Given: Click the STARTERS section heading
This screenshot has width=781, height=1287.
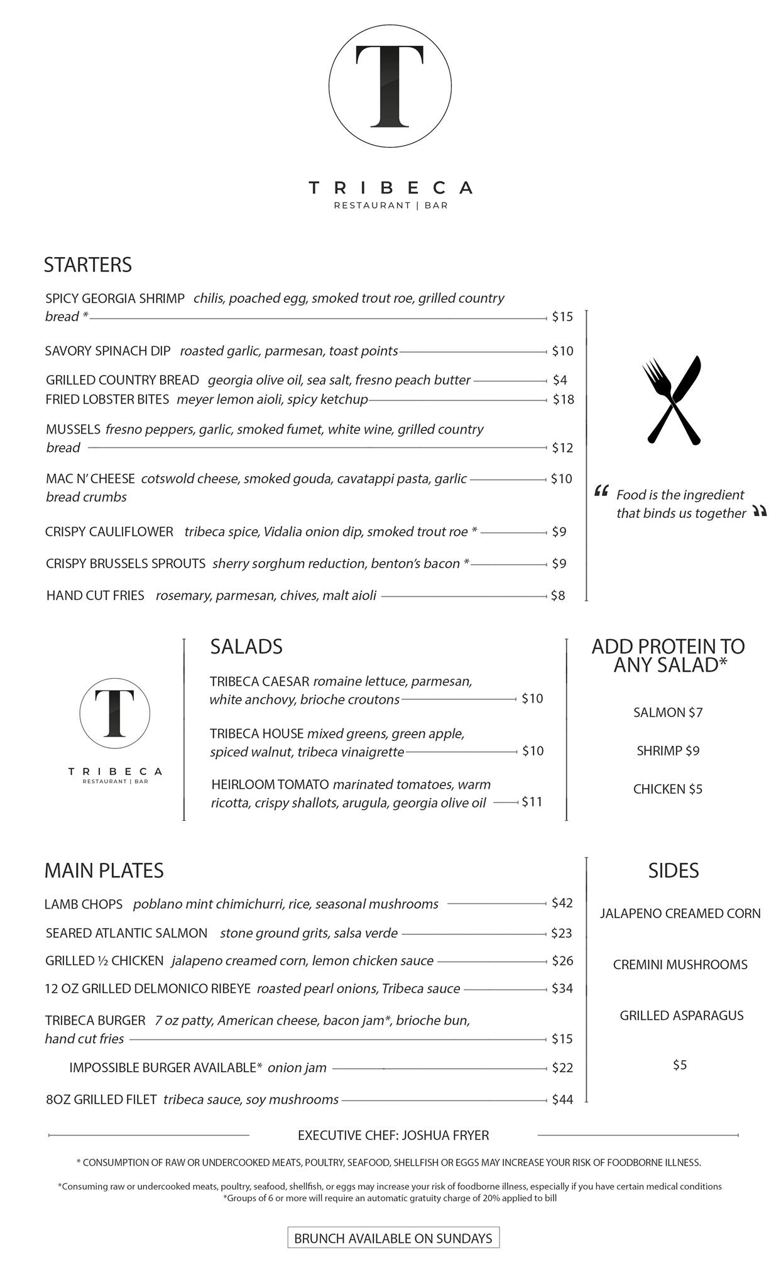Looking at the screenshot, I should [x=88, y=265].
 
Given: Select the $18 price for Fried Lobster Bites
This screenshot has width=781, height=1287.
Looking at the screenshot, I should [x=563, y=400].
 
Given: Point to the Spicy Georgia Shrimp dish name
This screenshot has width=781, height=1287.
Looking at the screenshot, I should [x=115, y=298].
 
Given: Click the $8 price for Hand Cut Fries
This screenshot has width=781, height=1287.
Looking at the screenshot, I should [x=558, y=596].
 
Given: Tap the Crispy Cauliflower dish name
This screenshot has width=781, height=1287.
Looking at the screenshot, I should [x=109, y=532].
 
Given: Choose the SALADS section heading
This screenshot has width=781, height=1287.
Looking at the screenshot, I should [x=246, y=647].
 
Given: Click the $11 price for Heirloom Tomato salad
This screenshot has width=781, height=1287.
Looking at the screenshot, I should [x=532, y=802].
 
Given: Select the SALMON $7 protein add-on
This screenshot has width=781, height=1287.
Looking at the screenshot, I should [x=668, y=713].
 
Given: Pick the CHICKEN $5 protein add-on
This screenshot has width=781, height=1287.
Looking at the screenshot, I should [x=668, y=789].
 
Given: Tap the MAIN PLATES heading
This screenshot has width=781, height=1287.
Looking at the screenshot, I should [x=104, y=870].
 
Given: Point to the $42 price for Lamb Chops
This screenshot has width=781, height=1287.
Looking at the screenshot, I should [x=562, y=904].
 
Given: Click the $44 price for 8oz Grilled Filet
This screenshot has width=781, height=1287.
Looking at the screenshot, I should [x=562, y=1100].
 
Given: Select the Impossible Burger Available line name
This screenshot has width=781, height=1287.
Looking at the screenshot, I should [x=165, y=1068].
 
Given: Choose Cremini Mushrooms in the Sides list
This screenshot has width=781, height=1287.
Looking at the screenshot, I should [x=680, y=965].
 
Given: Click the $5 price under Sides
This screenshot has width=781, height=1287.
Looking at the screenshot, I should [x=680, y=1065].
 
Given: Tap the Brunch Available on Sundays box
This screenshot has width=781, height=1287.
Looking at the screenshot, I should [x=393, y=1238].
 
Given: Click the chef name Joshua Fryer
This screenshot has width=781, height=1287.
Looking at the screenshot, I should [x=445, y=1136].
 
